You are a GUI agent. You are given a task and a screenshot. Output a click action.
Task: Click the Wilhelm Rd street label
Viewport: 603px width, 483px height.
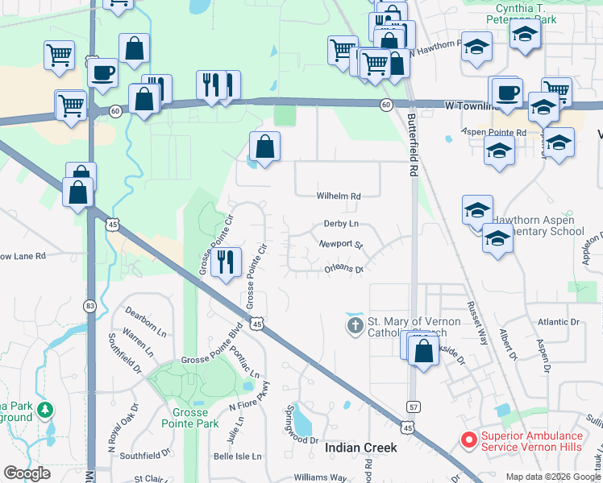[x=338, y=196]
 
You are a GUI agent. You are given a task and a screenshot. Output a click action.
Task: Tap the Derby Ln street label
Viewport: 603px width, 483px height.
[x=340, y=224]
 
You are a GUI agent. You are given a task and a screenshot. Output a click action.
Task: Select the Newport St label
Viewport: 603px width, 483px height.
[x=341, y=244]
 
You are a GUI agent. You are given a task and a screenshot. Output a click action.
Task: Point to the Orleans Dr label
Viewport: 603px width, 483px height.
[x=343, y=269]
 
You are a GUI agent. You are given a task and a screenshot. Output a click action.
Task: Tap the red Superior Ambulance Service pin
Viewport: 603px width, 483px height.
[x=468, y=440]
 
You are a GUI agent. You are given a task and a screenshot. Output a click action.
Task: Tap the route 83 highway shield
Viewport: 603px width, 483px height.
[x=90, y=306]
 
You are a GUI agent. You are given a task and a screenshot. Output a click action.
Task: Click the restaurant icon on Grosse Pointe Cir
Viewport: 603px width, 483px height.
[x=226, y=261]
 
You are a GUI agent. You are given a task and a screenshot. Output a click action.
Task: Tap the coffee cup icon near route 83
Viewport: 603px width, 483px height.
[x=103, y=72]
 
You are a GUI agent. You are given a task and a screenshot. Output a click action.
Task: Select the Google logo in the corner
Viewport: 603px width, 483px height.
[x=27, y=473]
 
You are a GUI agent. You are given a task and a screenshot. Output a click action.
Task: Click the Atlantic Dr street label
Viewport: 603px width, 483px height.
[x=559, y=322]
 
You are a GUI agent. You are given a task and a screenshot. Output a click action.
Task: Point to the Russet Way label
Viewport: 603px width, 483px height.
[x=477, y=323]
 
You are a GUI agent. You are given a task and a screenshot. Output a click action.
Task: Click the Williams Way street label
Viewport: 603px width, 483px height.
[x=320, y=477]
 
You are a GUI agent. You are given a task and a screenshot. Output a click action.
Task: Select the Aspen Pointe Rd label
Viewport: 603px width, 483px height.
[x=493, y=131]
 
